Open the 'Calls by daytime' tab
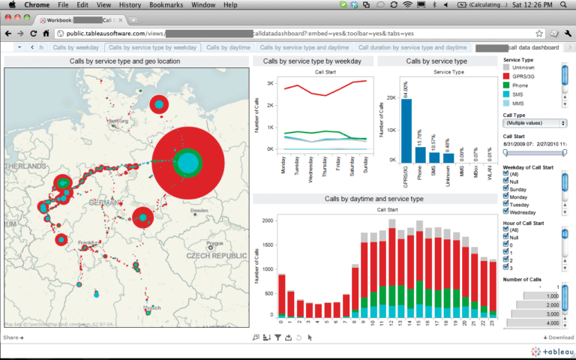coord(228,47)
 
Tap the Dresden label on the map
coord(199,211)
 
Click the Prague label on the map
coord(214,244)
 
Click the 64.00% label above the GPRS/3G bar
coord(406,87)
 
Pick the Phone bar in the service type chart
coord(420,154)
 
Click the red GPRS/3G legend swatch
coord(506,76)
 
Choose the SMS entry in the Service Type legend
coord(519,94)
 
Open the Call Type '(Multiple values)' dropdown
coord(534,122)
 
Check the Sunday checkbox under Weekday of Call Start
coord(506,190)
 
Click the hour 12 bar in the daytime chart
coord(391,269)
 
